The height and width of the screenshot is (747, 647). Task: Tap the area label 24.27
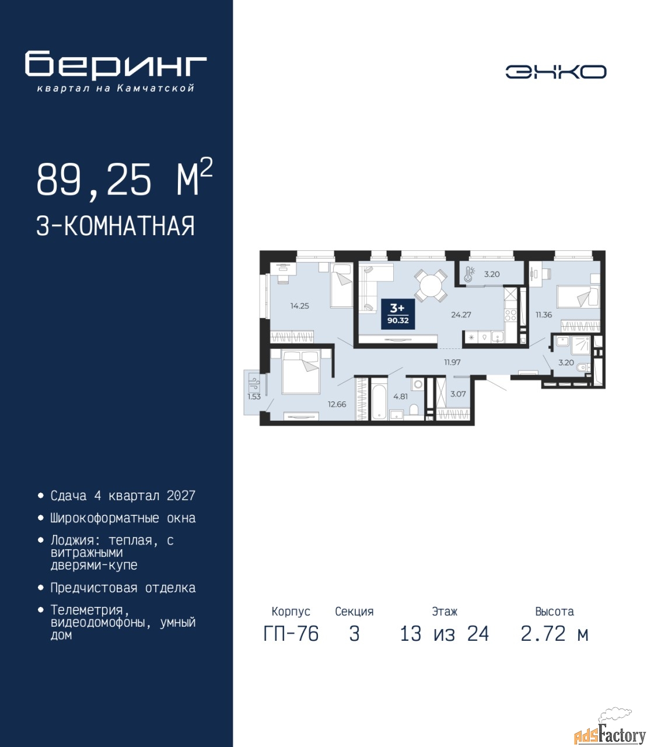click(461, 315)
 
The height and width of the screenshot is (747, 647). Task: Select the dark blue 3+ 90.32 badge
click(398, 314)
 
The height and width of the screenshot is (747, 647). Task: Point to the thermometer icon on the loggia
click(468, 274)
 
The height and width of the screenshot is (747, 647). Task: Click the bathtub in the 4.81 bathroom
click(379, 398)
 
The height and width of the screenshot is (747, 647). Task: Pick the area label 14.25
click(299, 306)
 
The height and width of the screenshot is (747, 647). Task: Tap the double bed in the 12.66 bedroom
click(301, 372)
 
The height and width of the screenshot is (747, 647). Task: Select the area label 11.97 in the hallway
click(452, 362)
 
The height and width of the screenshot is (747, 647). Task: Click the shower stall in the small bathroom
click(581, 345)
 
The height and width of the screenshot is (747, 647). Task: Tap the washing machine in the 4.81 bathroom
click(417, 384)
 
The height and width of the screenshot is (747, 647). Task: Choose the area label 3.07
click(458, 394)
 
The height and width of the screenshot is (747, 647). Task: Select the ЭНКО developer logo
click(556, 72)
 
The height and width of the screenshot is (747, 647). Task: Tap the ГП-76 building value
click(291, 634)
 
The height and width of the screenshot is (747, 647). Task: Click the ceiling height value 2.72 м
click(554, 634)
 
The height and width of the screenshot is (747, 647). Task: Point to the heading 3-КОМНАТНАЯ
click(116, 226)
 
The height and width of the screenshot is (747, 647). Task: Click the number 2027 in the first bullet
click(181, 495)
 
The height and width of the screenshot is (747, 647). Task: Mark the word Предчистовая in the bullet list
click(94, 588)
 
